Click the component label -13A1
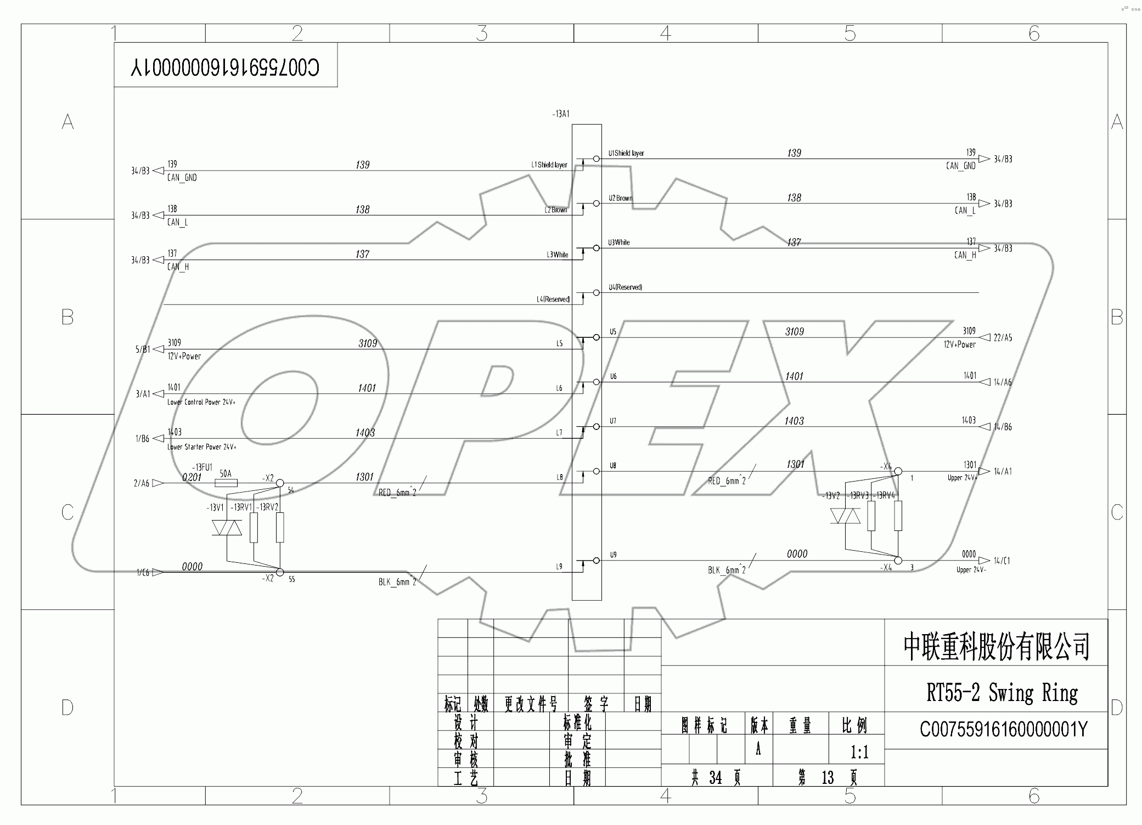[x=560, y=115]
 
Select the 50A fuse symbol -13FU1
[x=226, y=483]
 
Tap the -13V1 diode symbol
[x=227, y=528]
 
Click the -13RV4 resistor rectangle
[x=898, y=516]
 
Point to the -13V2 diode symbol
[x=845, y=516]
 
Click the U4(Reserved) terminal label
[x=625, y=287]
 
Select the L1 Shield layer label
[x=549, y=165]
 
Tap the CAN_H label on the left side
[x=178, y=267]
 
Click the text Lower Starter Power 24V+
[x=201, y=447]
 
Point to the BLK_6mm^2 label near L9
[x=397, y=582]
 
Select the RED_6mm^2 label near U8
[x=727, y=481]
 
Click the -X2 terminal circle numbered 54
[x=279, y=483]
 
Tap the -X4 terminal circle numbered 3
[x=898, y=561]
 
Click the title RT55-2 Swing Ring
[x=1002, y=693]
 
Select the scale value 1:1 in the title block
[x=859, y=752]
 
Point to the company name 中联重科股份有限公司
[x=996, y=647]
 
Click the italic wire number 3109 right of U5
[x=794, y=332]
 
